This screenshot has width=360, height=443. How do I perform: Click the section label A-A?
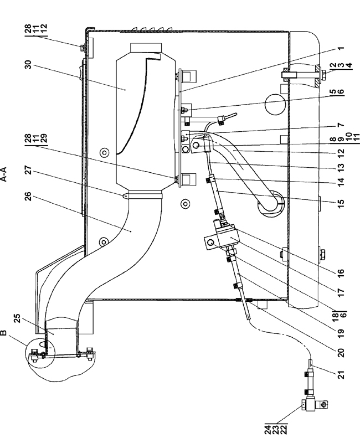click(4, 174)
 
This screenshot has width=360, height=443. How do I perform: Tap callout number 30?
click(28, 65)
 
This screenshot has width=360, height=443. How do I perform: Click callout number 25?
click(17, 318)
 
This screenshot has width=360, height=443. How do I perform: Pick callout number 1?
click(341, 48)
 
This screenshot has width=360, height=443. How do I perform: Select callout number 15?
click(341, 202)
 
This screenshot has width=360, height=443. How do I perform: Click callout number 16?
click(341, 272)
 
